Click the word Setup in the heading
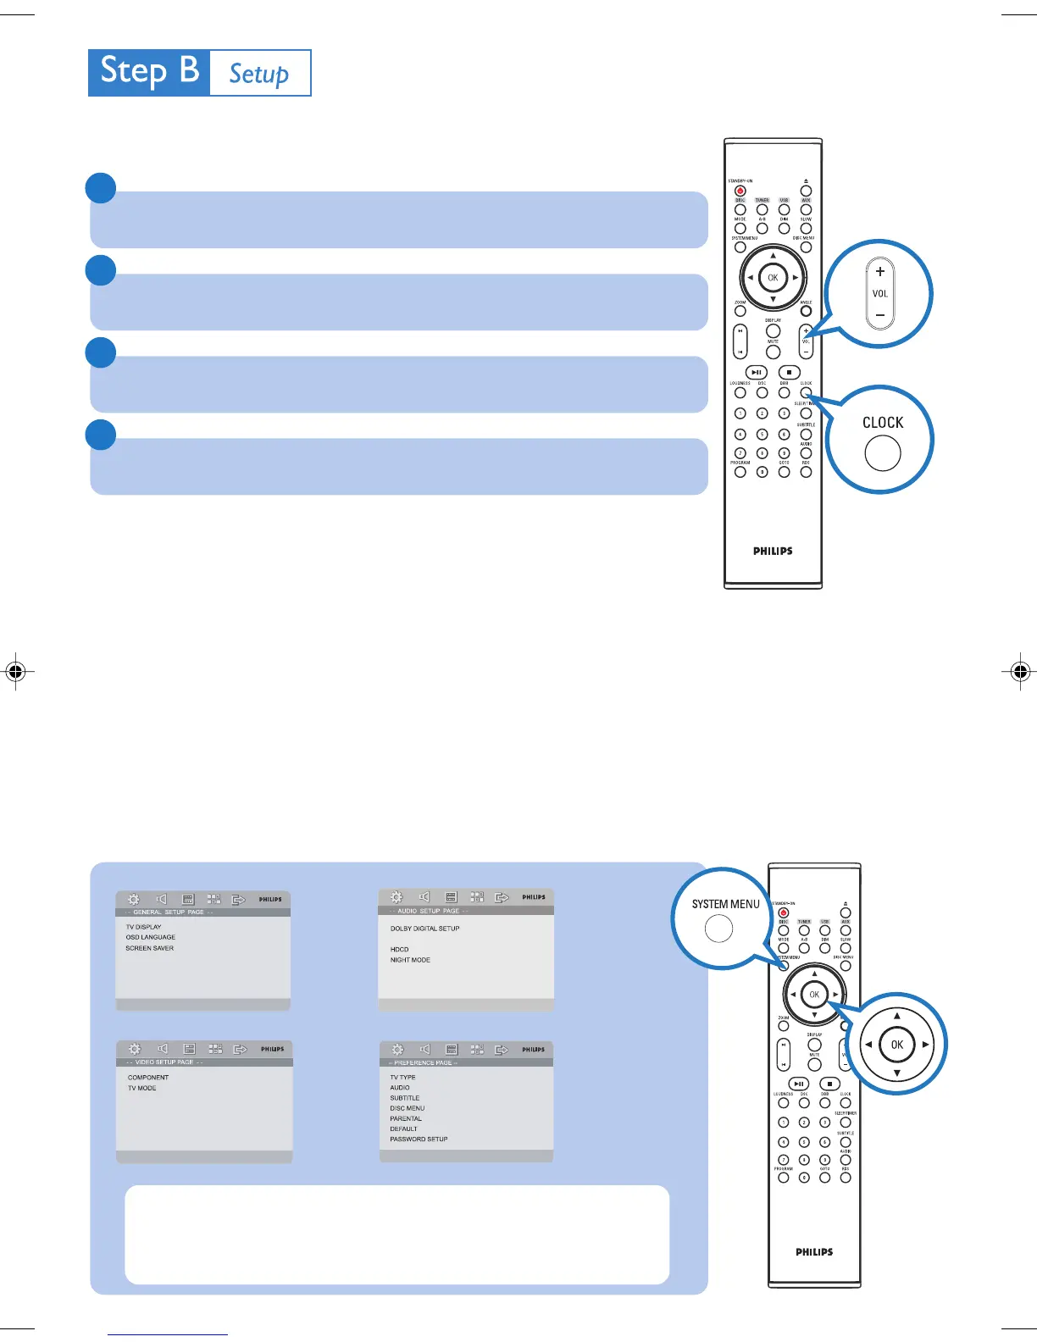coord(259,74)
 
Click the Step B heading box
coord(149,72)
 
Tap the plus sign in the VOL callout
coord(880,272)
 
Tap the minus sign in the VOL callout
coord(880,315)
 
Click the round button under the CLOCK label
coord(882,453)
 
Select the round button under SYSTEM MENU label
coord(718,929)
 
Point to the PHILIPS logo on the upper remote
coord(773,551)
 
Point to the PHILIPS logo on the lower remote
coord(813,1251)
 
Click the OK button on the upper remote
coord(773,278)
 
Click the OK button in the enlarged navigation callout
coord(896,1045)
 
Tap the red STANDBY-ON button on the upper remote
coord(740,191)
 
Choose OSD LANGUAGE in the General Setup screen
coord(151,937)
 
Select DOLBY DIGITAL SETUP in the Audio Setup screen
coord(424,929)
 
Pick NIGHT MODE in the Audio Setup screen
coord(410,960)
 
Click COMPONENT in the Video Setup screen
coord(148,1078)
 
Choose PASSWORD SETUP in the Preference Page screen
coord(419,1140)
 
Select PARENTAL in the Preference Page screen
coord(406,1118)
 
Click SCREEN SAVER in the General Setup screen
coord(150,948)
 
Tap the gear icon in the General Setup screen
coord(133,900)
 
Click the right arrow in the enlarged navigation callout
coord(926,1045)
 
